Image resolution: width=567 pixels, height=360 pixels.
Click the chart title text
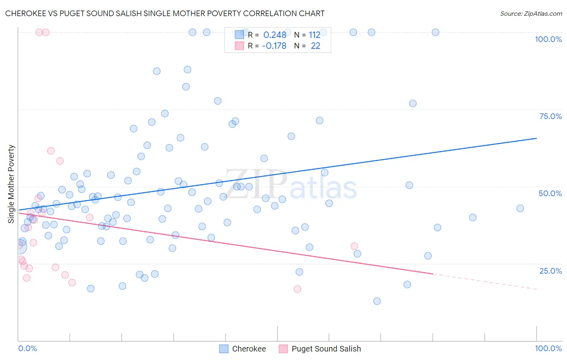[165, 13]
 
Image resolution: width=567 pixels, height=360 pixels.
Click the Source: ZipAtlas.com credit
[531, 13]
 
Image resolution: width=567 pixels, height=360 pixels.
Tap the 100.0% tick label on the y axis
[548, 39]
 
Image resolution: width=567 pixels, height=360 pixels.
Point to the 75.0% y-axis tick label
[550, 116]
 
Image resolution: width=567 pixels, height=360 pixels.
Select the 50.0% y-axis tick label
[550, 193]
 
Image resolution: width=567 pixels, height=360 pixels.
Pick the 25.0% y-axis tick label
[550, 270]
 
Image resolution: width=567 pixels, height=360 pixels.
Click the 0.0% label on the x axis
[27, 348]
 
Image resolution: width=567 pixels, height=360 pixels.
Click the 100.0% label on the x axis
[548, 348]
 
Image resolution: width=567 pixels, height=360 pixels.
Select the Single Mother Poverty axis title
[11, 184]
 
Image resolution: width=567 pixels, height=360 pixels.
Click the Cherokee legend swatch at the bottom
[224, 349]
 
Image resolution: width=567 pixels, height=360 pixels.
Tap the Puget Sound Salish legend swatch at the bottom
[283, 349]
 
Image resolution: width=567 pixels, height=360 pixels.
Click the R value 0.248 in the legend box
[275, 35]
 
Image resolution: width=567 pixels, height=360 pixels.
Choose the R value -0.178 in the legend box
[274, 46]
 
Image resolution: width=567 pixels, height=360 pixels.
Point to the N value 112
[315, 35]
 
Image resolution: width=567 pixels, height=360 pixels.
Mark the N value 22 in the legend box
[315, 46]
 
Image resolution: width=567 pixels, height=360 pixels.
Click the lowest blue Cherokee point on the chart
[377, 301]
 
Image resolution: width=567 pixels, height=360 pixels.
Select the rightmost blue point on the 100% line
[436, 32]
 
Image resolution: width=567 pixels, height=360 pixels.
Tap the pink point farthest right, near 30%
[354, 246]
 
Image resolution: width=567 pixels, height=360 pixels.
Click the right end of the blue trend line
[536, 138]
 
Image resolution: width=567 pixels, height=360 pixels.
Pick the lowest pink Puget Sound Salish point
[297, 289]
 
